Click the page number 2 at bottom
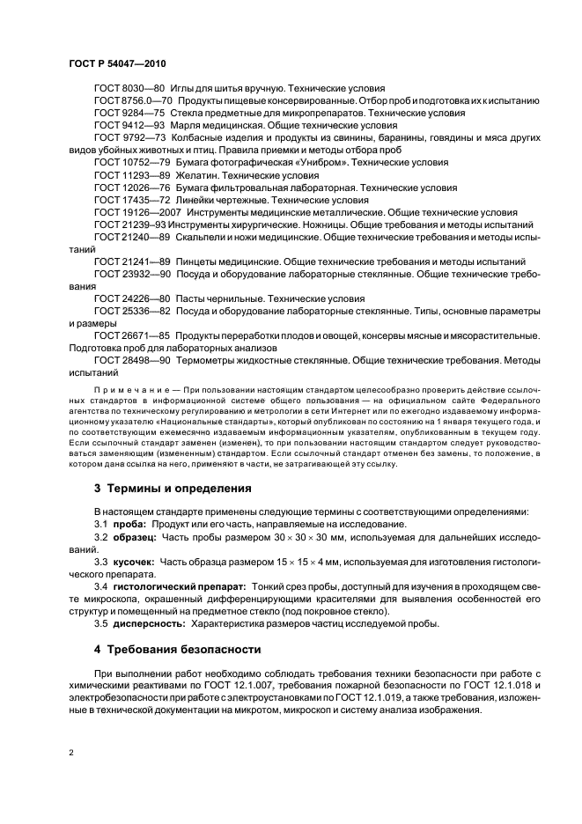(70, 754)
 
